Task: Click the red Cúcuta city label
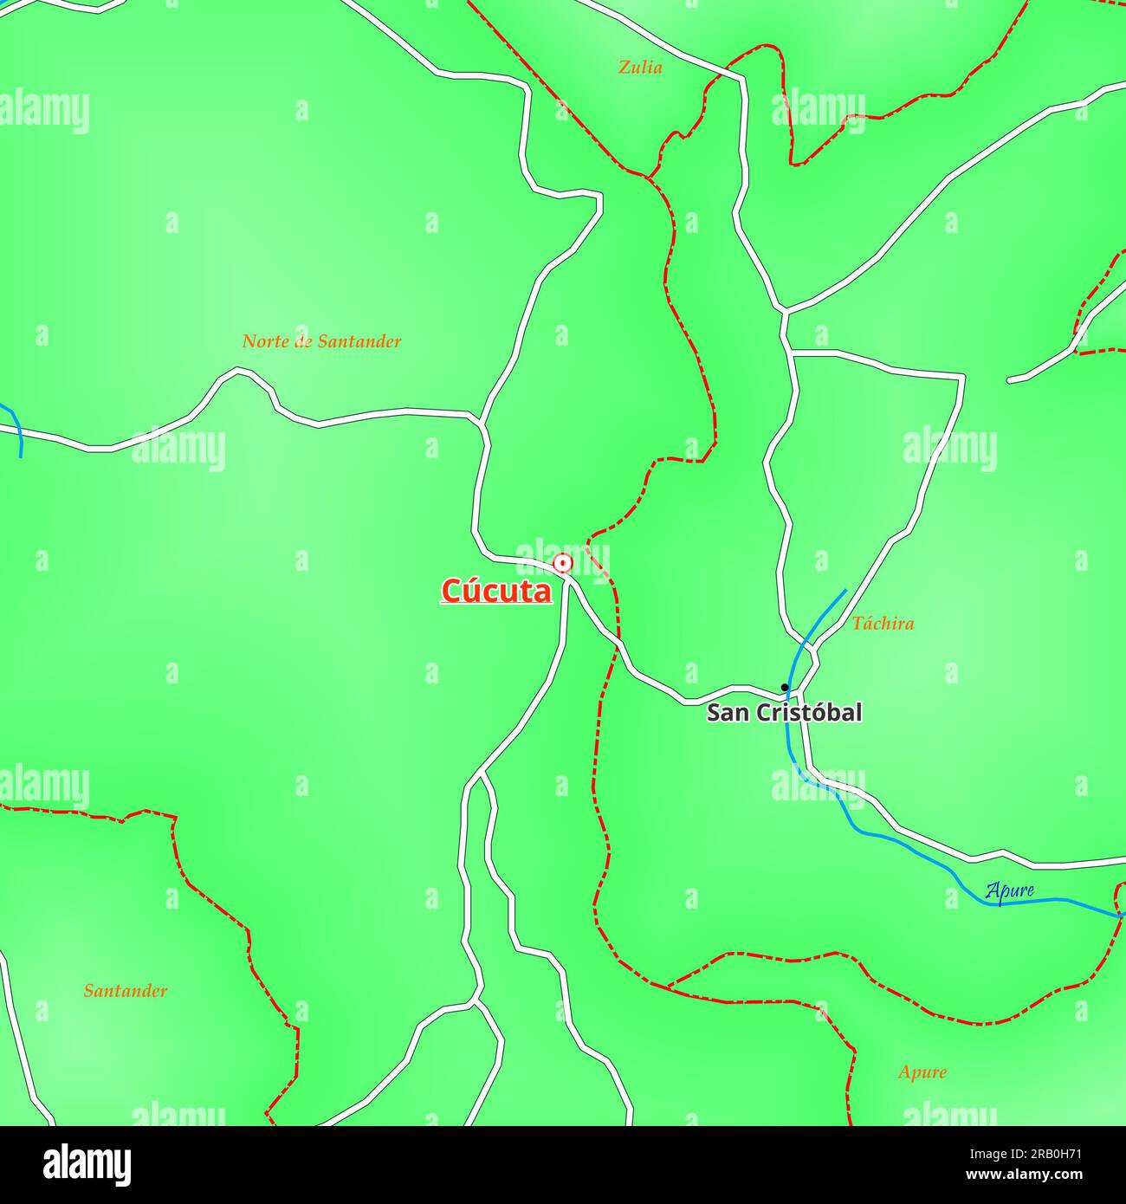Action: [495, 591]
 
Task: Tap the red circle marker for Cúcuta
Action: [563, 564]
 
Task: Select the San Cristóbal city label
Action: [784, 713]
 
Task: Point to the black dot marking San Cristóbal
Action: [785, 687]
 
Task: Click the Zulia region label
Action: [640, 67]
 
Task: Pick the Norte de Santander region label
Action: [321, 341]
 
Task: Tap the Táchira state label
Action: [883, 623]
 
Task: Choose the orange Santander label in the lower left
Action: [126, 991]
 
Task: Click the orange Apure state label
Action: [922, 1072]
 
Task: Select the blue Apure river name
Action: [1009, 890]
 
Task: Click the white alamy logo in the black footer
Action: [87, 1165]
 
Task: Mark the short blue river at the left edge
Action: [16, 429]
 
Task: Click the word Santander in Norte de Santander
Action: [359, 341]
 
